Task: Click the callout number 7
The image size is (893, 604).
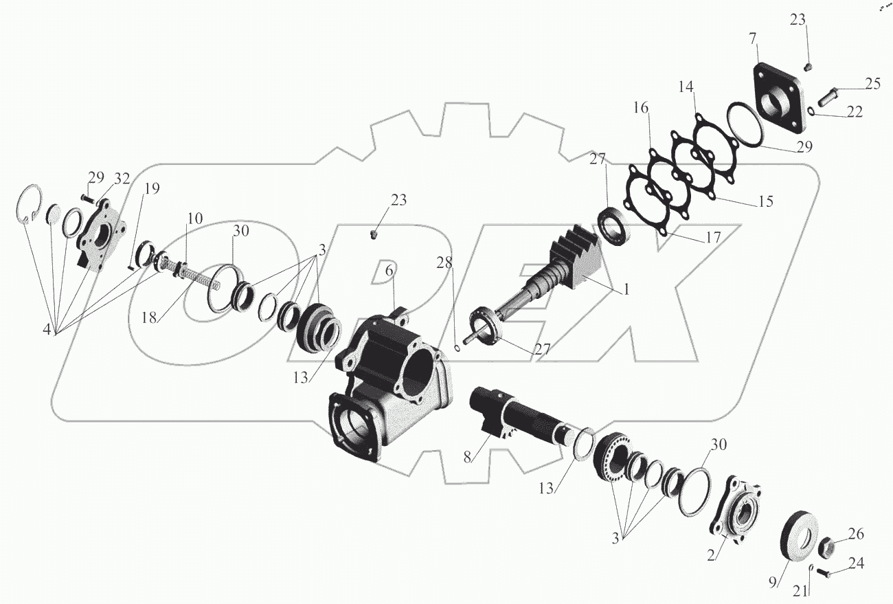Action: tap(752, 39)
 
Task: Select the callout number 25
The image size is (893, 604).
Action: tap(872, 84)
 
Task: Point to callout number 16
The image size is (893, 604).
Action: tap(641, 108)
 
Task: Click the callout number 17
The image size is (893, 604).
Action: tap(712, 238)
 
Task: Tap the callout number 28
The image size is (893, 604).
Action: tap(444, 262)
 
